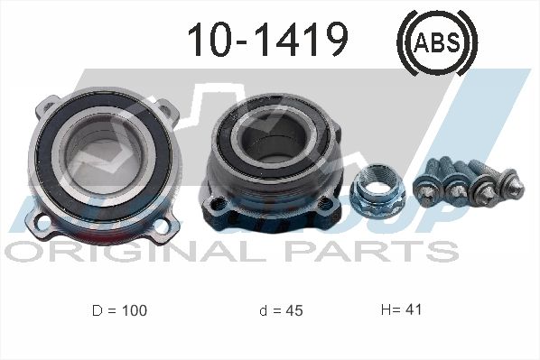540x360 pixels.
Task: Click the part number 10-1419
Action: [266, 39]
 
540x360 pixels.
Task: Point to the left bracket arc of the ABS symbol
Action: [404, 40]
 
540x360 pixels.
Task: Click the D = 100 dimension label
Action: [119, 310]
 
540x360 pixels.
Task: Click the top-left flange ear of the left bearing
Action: [44, 107]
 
